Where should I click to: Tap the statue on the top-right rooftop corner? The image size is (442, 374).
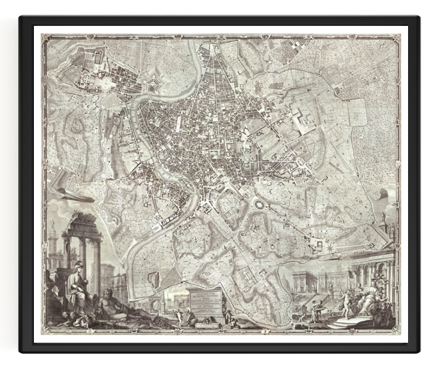[x=384, y=193]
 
